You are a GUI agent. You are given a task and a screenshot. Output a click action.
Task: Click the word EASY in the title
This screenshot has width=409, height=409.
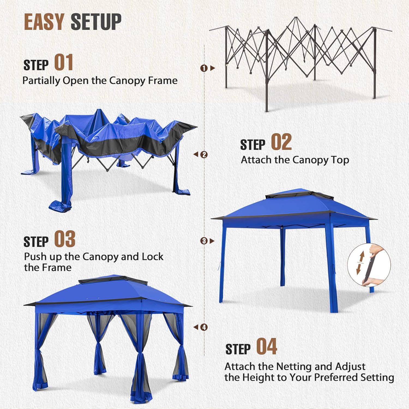[44, 22]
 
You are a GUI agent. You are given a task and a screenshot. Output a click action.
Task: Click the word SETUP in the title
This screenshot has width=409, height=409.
[96, 22]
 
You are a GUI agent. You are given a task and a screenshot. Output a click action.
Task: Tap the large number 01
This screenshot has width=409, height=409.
[64, 62]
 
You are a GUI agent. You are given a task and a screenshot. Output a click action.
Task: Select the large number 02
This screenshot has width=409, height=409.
[281, 142]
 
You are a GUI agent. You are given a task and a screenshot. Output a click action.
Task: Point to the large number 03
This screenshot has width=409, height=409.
[65, 239]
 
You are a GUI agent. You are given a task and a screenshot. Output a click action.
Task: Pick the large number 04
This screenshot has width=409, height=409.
[267, 346]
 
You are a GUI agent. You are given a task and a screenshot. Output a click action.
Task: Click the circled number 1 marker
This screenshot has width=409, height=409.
[204, 68]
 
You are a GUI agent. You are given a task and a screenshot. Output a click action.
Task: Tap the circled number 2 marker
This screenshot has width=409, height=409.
[204, 155]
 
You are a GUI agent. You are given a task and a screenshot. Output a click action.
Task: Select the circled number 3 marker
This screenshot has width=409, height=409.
[204, 241]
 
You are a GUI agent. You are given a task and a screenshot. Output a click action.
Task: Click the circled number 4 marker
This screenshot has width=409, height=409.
[204, 327]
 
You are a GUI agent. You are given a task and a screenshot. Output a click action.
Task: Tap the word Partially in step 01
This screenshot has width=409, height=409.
[41, 81]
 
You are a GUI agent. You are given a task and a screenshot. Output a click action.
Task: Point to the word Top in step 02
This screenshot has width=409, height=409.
[340, 160]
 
